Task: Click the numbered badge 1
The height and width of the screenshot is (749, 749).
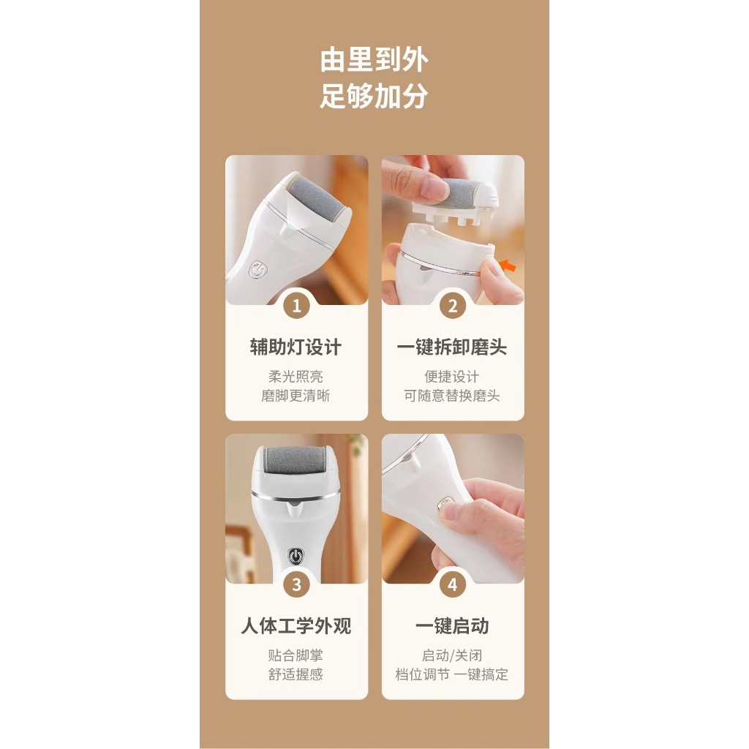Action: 296,306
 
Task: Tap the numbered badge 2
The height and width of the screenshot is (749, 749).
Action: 452,306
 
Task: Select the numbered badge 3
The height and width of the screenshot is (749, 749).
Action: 296,584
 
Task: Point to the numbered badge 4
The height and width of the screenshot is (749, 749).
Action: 452,584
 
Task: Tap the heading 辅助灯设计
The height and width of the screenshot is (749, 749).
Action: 296,347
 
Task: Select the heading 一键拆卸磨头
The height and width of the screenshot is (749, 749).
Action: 452,347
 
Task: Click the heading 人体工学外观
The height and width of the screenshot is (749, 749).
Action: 296,626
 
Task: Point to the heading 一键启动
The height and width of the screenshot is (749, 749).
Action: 452,626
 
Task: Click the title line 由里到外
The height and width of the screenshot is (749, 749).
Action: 374,59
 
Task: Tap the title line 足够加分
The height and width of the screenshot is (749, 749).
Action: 374,96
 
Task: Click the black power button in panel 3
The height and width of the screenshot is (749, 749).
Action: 296,555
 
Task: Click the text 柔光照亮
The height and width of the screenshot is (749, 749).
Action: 296,377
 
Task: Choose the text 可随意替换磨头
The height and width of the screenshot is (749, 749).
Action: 452,396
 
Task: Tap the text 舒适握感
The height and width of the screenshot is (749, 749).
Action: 296,674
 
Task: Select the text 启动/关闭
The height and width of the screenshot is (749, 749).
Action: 452,655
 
